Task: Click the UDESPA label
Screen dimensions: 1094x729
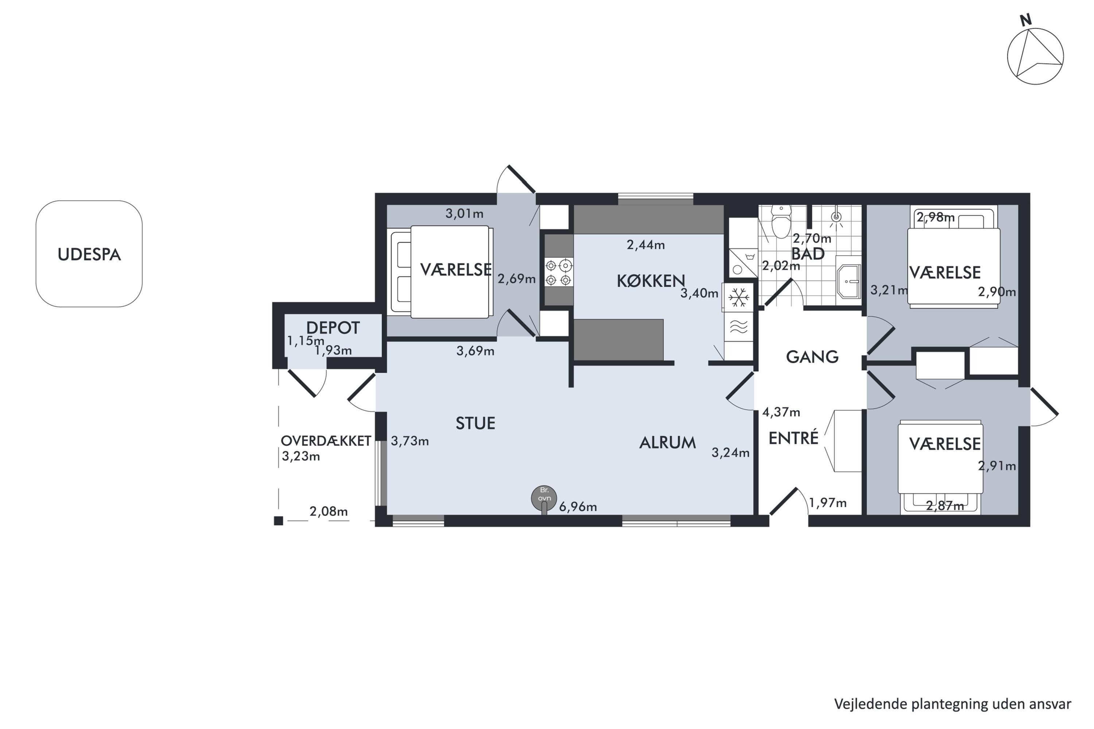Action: coord(89,254)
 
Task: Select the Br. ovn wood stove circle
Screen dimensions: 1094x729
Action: coord(544,498)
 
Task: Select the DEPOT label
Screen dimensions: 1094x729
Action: coord(333,328)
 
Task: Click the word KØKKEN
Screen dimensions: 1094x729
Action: coord(651,281)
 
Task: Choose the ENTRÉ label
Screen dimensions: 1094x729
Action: coord(793,438)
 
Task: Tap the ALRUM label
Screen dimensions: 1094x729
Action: coord(667,443)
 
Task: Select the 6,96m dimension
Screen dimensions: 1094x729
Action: coord(578,507)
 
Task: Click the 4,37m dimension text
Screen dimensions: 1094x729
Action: coord(781,412)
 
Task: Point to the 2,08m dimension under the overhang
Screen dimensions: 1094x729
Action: coord(329,511)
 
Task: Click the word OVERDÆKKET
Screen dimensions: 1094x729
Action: coord(326,441)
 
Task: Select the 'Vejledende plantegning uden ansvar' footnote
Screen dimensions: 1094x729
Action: coord(953,704)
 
